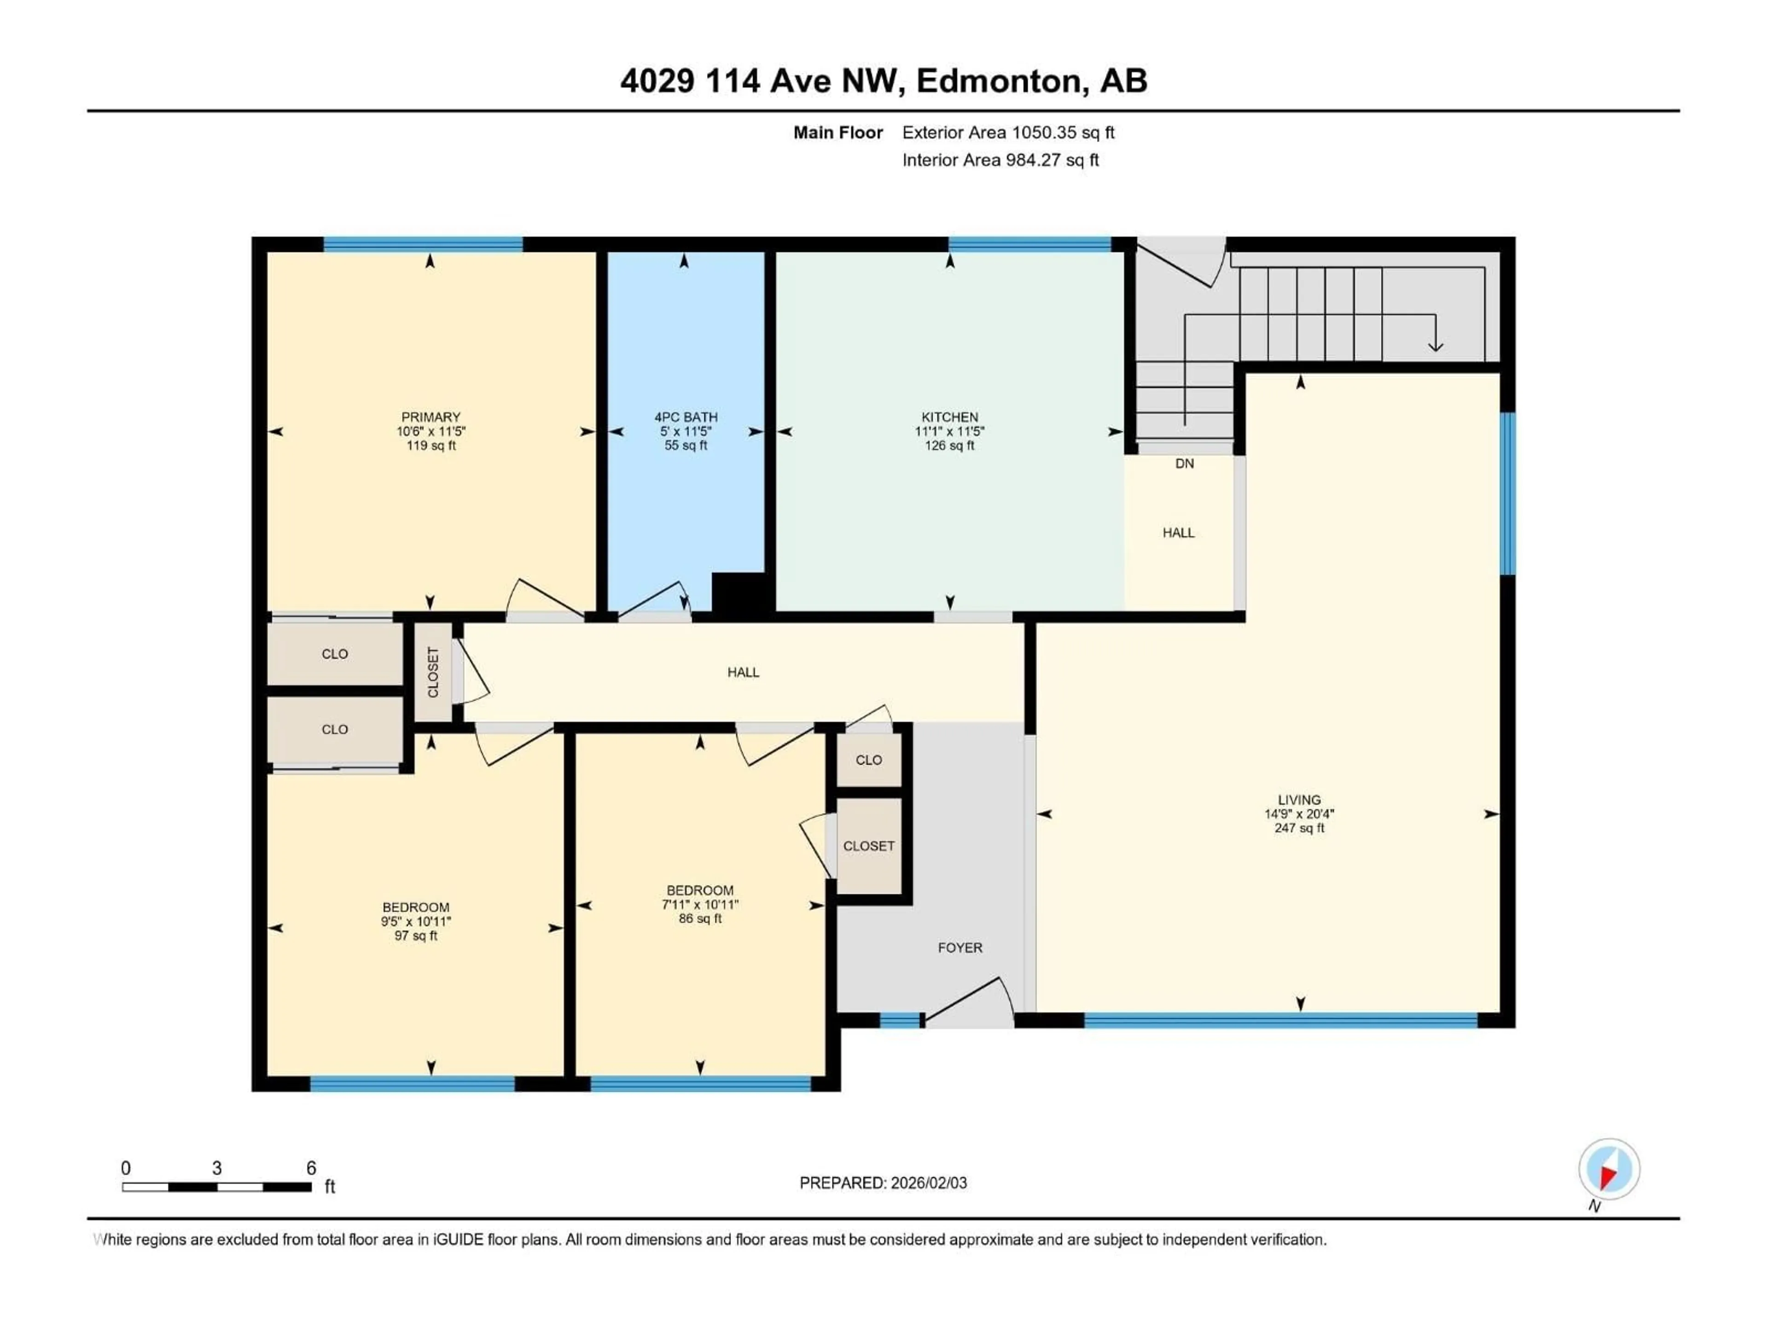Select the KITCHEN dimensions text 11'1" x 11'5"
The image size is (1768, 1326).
(949, 431)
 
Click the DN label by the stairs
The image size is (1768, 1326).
(1185, 464)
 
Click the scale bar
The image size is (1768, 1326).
(216, 1187)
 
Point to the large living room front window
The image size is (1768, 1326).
(1280, 1020)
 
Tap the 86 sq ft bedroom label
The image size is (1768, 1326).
(700, 919)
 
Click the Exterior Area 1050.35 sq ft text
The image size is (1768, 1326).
(1008, 133)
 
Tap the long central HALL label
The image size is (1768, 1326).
(743, 672)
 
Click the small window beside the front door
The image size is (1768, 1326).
(900, 1020)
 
